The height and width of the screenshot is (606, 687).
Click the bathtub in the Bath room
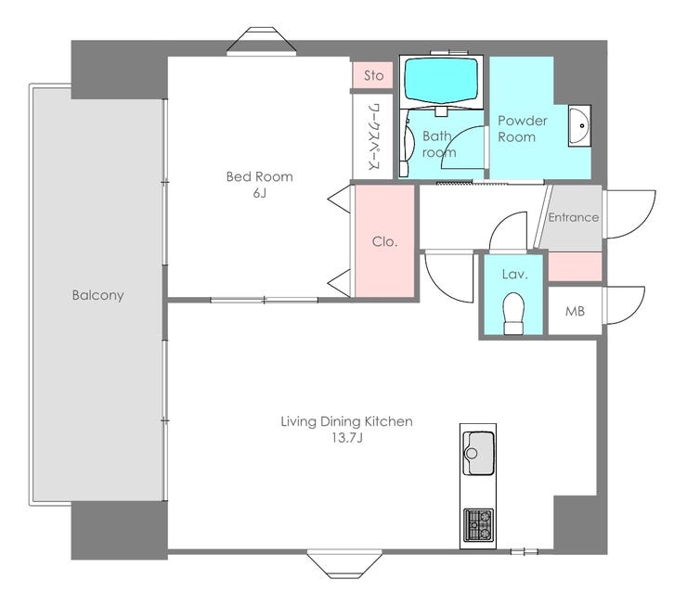[440, 80]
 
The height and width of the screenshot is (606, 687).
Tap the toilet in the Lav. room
[513, 313]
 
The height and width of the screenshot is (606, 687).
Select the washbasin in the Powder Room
[579, 125]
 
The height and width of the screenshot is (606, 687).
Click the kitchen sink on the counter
[478, 453]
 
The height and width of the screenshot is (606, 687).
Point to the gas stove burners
[478, 524]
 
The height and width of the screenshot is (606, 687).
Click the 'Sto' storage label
[374, 76]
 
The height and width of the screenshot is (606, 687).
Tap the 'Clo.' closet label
[384, 241]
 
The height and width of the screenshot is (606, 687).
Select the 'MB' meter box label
[575, 311]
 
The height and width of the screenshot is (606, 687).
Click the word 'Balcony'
[97, 295]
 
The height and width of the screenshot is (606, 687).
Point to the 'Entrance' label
[574, 217]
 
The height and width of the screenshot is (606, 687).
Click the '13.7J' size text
[346, 438]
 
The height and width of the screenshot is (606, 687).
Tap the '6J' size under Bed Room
[259, 193]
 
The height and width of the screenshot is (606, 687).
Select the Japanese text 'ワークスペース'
[373, 136]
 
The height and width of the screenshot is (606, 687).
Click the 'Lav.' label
[515, 275]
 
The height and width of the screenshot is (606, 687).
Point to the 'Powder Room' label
[522, 129]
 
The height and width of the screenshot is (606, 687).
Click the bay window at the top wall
[262, 42]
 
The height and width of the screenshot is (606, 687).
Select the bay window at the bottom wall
[344, 563]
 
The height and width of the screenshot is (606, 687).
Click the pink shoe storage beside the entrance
[575, 266]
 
